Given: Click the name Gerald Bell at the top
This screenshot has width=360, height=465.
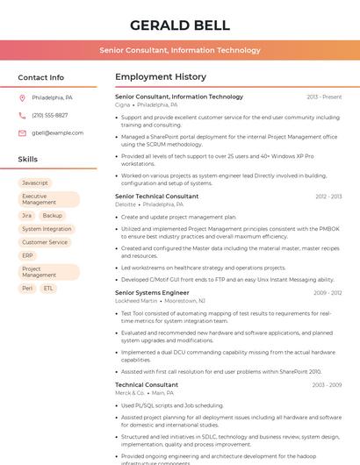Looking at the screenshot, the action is tap(179, 25).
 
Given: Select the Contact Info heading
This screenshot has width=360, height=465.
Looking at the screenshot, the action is tap(40, 77).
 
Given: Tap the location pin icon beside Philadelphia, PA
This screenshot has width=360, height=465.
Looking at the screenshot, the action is tap(22, 98).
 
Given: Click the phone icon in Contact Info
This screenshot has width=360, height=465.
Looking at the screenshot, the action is tap(22, 116).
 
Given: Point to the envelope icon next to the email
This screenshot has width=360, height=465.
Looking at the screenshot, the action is tap(22, 133).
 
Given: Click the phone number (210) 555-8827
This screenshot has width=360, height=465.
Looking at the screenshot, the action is tap(49, 116).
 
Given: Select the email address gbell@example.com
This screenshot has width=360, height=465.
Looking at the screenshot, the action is tap(58, 133).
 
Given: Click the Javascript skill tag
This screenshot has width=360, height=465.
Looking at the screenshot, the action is tap(35, 183).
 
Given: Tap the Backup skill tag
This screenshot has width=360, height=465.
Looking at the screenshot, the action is tap(53, 215).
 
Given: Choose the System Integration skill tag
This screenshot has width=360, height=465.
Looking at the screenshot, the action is tap(47, 229).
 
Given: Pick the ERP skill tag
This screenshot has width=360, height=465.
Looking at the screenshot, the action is tap(28, 256).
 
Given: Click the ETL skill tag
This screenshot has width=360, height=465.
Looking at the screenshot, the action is tap(48, 288).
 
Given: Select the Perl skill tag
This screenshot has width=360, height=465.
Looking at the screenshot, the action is tap(27, 288).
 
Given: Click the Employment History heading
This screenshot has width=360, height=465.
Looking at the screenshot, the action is tap(161, 77).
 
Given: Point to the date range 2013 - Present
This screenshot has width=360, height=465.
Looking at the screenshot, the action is tap(324, 97).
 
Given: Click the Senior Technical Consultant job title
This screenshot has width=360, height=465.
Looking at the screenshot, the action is tap(157, 197).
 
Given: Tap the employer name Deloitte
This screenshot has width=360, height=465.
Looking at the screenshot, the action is tap(126, 204).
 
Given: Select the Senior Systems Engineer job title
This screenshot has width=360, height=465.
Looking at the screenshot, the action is tap(152, 292).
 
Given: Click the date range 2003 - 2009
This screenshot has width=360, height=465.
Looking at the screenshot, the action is tap(327, 385).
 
